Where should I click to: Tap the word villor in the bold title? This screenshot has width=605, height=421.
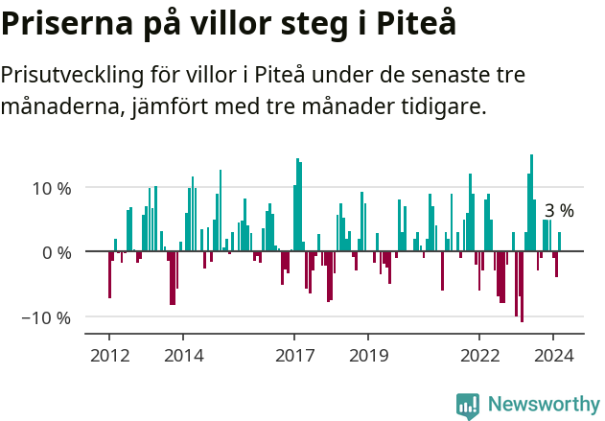click(249, 23)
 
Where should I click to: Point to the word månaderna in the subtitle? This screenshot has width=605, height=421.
click(58, 105)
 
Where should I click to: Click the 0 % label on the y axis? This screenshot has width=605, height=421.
click(57, 253)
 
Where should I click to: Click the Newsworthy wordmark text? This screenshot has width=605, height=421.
click(543, 405)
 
